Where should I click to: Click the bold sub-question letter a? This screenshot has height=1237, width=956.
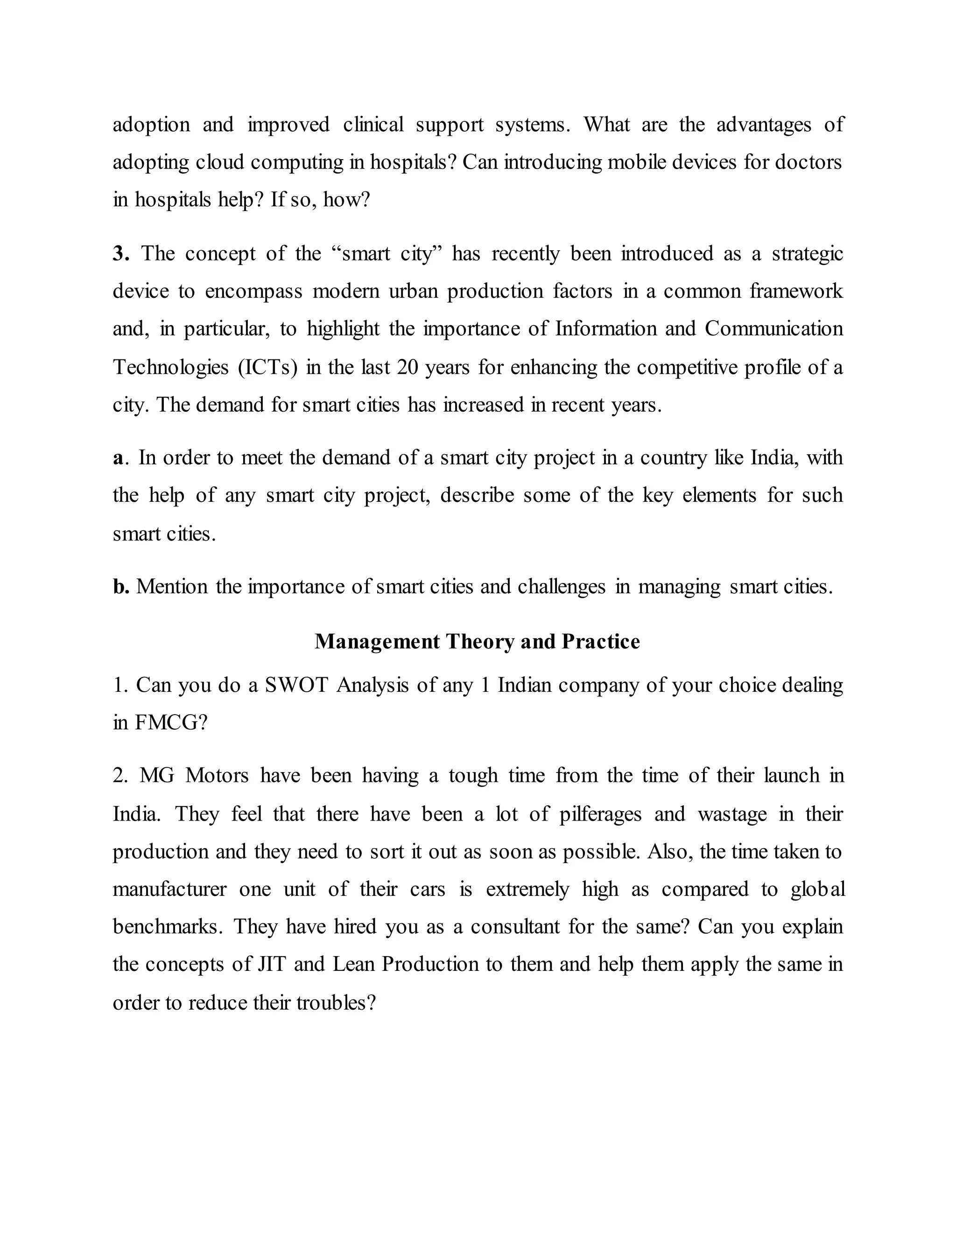point(118,457)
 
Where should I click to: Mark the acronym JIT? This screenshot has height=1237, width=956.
point(271,964)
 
